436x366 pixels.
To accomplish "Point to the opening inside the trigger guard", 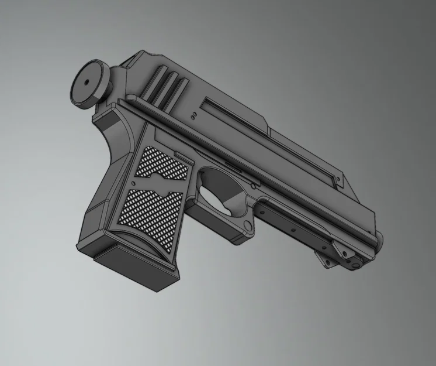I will pyautogui.click(x=223, y=186).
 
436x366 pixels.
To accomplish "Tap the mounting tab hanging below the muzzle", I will pyautogui.click(x=339, y=258).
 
